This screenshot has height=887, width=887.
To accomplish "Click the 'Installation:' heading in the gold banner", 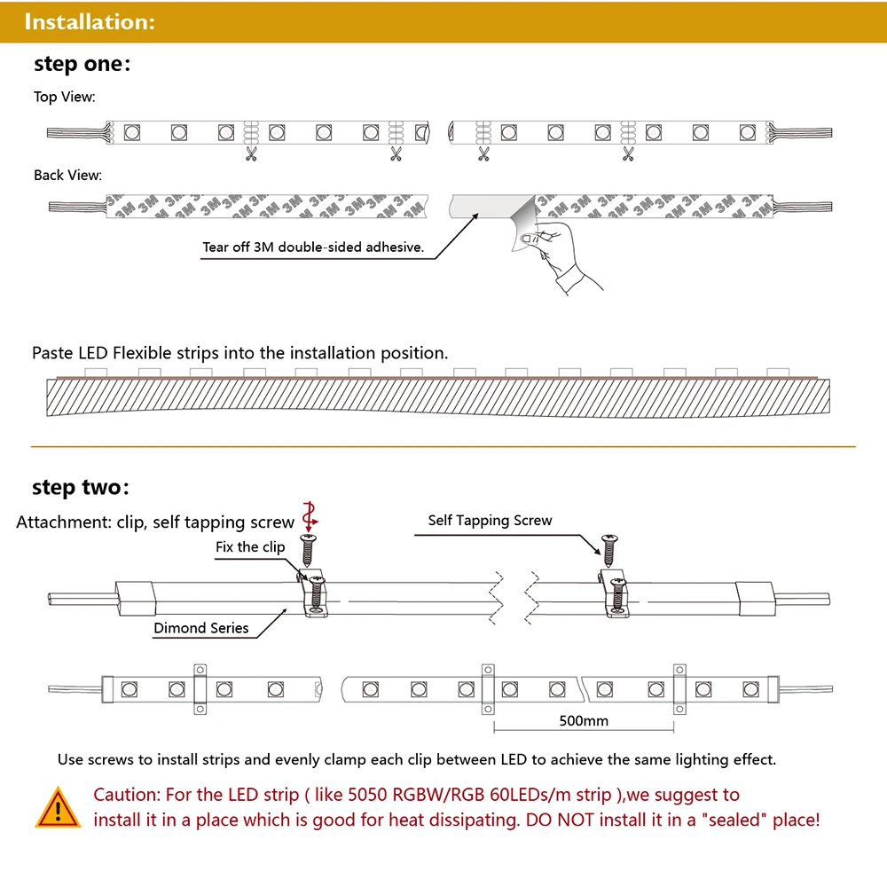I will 90,22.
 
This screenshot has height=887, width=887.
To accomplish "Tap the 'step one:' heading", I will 82,64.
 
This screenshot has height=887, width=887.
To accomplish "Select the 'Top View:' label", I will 65,97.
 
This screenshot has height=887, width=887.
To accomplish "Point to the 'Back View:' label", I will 67,176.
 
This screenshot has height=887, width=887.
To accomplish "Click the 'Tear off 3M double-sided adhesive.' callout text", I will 313,247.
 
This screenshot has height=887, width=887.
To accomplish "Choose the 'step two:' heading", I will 81,487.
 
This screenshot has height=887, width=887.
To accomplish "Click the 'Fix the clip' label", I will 250,547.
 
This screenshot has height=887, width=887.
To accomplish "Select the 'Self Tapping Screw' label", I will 490,521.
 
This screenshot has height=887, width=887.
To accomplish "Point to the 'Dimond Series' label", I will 201,628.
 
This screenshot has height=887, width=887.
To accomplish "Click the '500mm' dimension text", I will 584,720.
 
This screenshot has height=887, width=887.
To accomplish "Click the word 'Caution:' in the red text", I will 126,795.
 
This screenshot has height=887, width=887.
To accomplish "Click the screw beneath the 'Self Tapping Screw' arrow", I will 608,551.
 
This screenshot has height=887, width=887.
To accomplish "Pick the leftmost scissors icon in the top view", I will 251,155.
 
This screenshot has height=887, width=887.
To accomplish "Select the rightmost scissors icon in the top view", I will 628,155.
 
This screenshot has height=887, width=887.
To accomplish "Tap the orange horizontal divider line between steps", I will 443,446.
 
